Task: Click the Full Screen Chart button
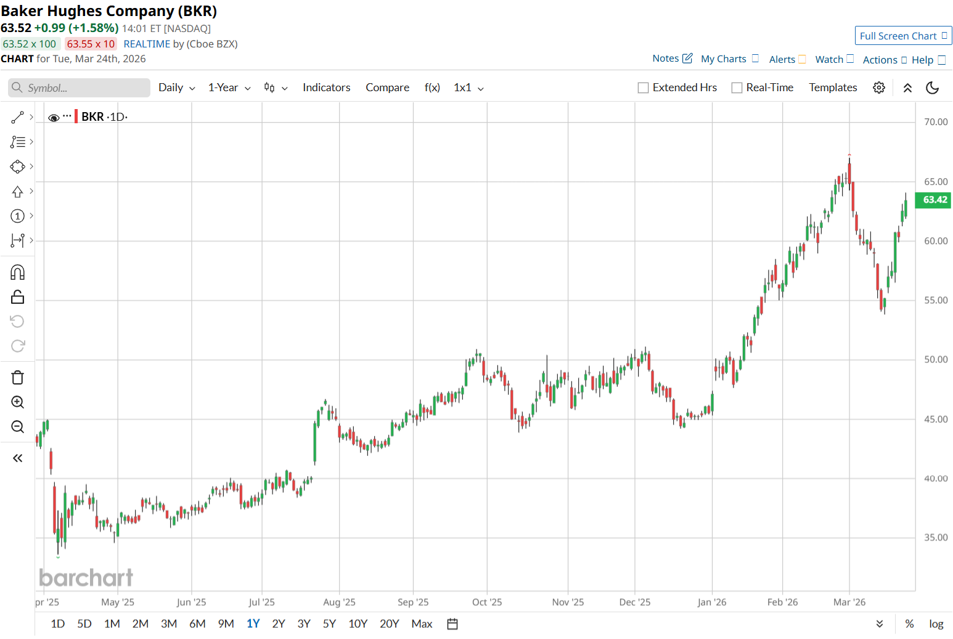pyautogui.click(x=902, y=36)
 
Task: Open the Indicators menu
pyautogui.click(x=326, y=88)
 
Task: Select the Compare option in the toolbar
pyautogui.click(x=387, y=88)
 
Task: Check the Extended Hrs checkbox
pyautogui.click(x=643, y=88)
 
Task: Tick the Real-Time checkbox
pyautogui.click(x=737, y=88)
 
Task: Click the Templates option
pyautogui.click(x=833, y=88)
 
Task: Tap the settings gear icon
pyautogui.click(x=879, y=88)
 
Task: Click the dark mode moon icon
pyautogui.click(x=933, y=88)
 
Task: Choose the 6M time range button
pyautogui.click(x=197, y=624)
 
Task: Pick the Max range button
pyautogui.click(x=422, y=624)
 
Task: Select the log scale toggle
pyautogui.click(x=936, y=624)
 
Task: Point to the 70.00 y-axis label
pyautogui.click(x=936, y=122)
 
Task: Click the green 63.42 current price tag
pyautogui.click(x=934, y=200)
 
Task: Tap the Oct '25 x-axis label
pyautogui.click(x=487, y=602)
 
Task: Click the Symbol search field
pyautogui.click(x=80, y=88)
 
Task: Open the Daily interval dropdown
pyautogui.click(x=176, y=88)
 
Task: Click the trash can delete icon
pyautogui.click(x=18, y=378)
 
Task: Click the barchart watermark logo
pyautogui.click(x=86, y=577)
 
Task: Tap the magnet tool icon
pyautogui.click(x=18, y=272)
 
